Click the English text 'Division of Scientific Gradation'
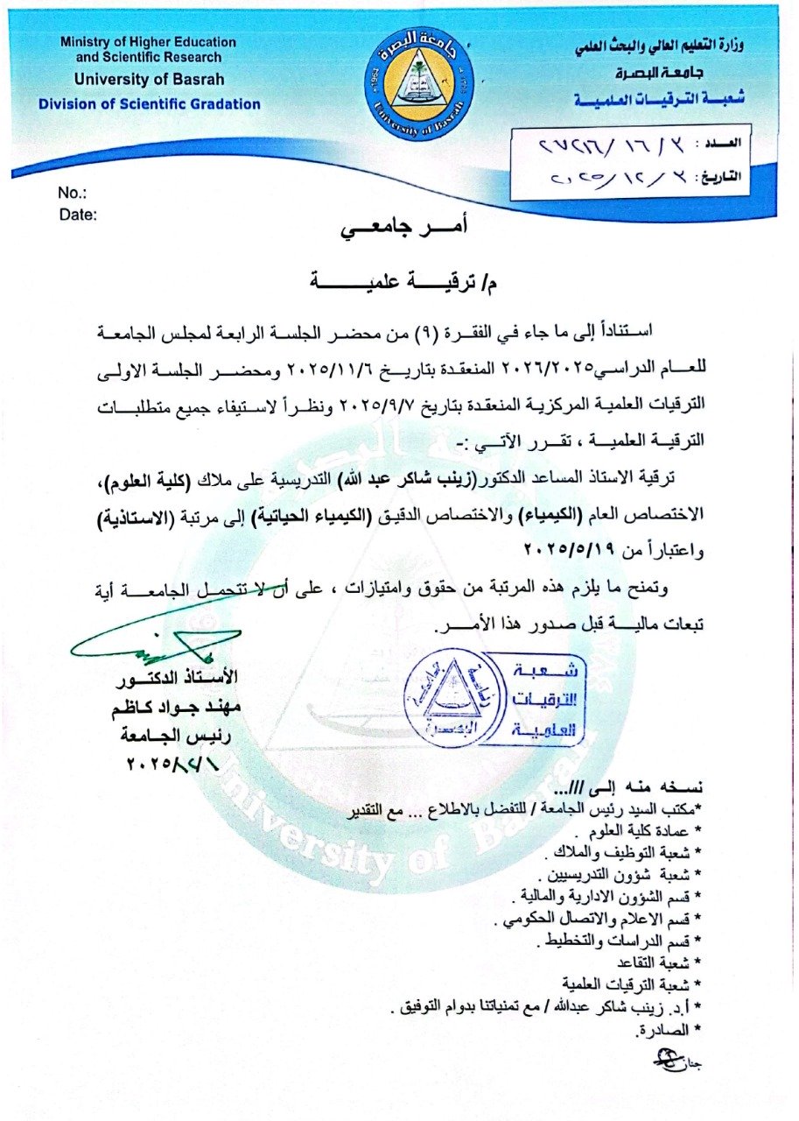pos(149,104)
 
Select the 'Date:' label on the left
pos(78,214)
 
